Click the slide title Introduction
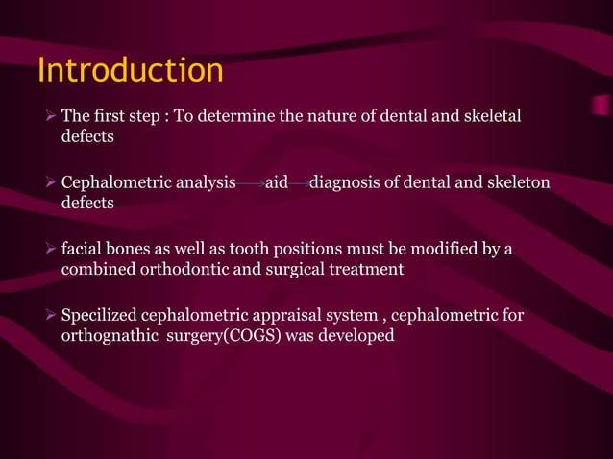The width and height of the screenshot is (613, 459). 130,71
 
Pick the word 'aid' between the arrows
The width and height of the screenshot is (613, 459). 277,182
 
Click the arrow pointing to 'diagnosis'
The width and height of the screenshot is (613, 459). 299,183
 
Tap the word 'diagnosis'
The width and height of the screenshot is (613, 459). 346,182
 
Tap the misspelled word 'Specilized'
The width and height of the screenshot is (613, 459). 99,316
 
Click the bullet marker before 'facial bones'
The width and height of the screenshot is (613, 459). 51,250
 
